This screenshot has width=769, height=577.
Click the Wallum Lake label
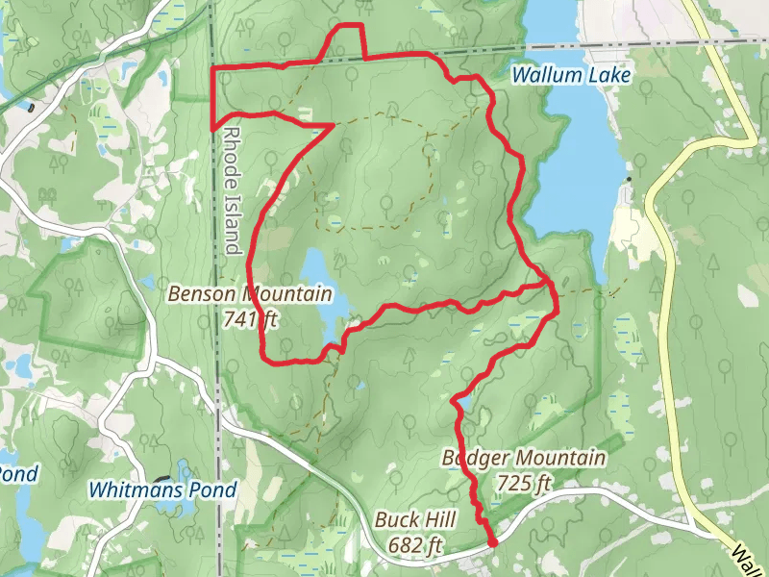(570, 74)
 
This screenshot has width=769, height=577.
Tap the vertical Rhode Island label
(232, 188)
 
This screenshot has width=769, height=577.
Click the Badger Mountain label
(524, 458)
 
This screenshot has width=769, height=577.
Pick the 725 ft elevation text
(525, 481)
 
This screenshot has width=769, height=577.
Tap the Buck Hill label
(414, 519)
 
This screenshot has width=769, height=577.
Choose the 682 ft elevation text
(415, 545)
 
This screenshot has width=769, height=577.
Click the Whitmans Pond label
(162, 489)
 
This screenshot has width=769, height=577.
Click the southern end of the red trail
(492, 543)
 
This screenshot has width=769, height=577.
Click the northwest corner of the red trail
(212, 69)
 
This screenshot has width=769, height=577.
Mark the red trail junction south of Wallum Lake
(547, 282)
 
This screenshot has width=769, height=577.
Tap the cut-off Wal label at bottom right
(746, 557)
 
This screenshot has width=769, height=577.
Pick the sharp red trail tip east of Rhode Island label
(333, 125)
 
